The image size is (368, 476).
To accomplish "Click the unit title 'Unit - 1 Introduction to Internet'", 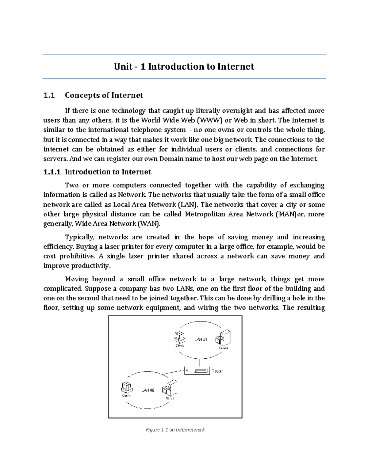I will [184, 67].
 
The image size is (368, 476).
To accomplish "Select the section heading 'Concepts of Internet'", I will [104, 95].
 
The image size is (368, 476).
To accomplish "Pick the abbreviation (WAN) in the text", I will [148, 224].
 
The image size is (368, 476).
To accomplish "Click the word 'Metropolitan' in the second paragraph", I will [205, 214].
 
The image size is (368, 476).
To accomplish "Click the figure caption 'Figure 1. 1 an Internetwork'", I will [175, 430].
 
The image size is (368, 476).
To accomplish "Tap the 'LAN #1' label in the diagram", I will [201, 340].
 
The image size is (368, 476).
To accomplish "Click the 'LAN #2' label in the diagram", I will [148, 390].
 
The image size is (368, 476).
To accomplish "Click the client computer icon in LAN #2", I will [126, 387].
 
